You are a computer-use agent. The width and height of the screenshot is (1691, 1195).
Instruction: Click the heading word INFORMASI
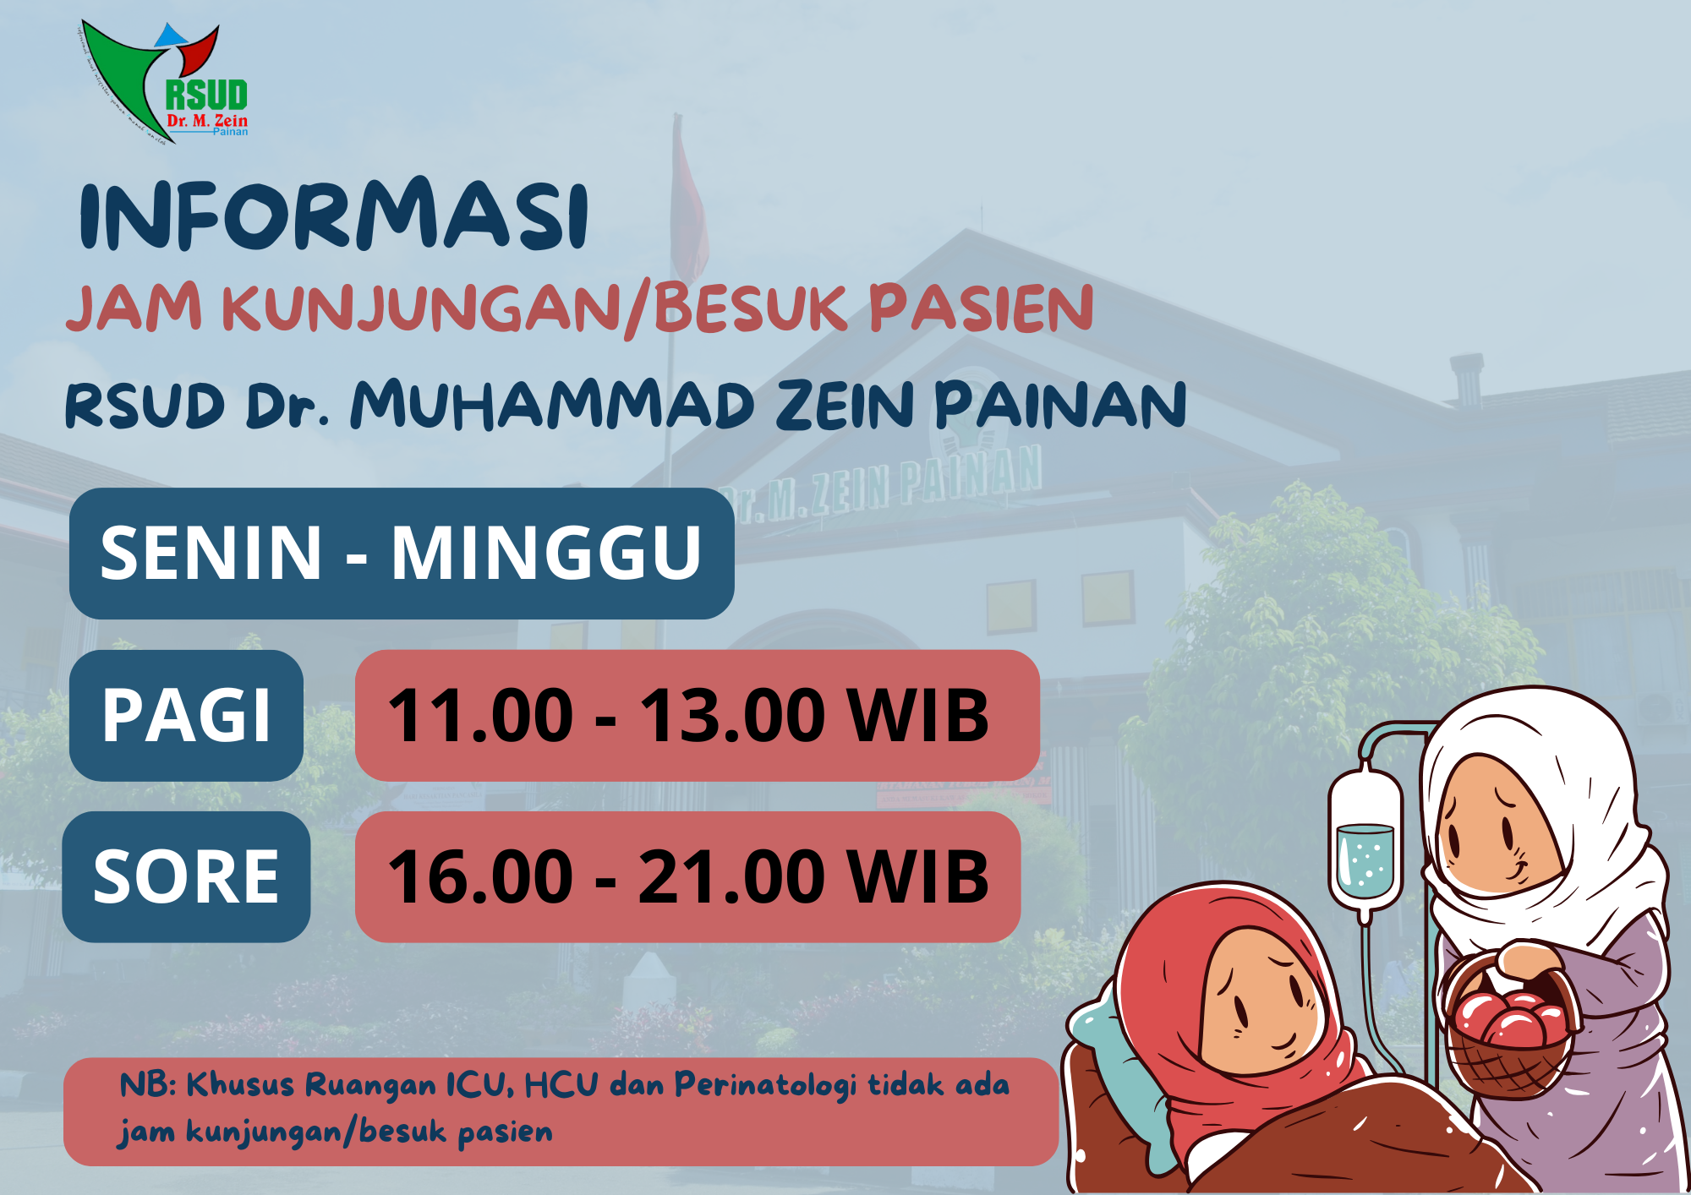[334, 215]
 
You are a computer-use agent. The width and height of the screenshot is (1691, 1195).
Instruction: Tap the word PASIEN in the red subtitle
[981, 308]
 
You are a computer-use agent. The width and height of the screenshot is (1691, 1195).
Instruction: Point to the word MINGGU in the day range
[546, 554]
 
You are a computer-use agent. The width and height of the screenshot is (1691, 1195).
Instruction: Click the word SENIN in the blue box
[211, 554]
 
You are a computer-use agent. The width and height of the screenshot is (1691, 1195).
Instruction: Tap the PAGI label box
[186, 715]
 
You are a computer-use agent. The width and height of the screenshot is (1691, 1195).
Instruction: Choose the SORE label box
[186, 877]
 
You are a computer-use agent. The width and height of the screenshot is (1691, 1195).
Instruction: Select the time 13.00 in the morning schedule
[732, 716]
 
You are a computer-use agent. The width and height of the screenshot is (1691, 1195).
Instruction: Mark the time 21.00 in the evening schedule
[732, 877]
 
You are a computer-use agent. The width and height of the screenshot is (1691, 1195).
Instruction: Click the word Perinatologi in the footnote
[765, 1085]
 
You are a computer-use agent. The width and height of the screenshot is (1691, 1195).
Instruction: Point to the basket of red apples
[1509, 1027]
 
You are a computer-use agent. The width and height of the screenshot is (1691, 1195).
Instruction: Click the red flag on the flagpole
[689, 203]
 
